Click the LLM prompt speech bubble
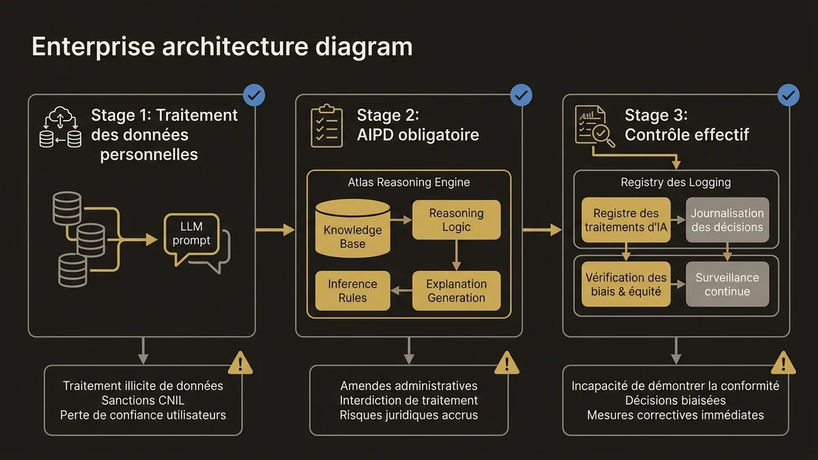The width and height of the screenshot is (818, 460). [192, 234]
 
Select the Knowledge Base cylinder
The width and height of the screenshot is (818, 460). [352, 228]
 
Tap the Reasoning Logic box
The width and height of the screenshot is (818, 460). [456, 219]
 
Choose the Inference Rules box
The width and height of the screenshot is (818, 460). [352, 290]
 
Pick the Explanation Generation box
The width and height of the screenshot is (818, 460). [456, 290]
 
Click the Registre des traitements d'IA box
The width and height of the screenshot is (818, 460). [626, 220]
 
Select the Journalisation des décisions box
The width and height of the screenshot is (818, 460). [727, 220]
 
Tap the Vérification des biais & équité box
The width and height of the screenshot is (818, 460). [626, 284]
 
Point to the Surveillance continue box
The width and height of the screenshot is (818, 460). [727, 284]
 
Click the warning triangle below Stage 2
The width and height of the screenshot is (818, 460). [506, 363]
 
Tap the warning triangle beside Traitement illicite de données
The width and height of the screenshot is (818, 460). [240, 363]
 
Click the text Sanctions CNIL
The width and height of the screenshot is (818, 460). [143, 400]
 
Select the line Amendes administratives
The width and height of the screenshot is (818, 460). [408, 386]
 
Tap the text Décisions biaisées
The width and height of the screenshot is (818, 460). [675, 400]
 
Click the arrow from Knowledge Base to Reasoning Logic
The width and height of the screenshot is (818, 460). [401, 219]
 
